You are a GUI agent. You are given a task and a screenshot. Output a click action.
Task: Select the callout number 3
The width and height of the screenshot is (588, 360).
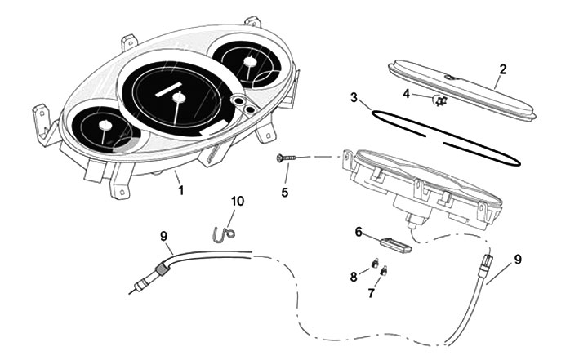(354, 98)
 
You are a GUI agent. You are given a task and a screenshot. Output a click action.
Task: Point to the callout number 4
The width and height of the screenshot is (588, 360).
(407, 93)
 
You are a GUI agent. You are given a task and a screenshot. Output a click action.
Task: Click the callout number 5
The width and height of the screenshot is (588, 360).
(285, 193)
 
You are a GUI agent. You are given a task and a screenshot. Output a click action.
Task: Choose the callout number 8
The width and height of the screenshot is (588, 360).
(354, 277)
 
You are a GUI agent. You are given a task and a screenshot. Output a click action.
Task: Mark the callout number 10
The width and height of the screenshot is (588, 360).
(237, 200)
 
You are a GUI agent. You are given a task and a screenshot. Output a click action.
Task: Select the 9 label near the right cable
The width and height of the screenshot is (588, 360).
(518, 260)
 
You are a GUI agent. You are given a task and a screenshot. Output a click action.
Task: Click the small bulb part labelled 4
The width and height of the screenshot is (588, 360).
(439, 100)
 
